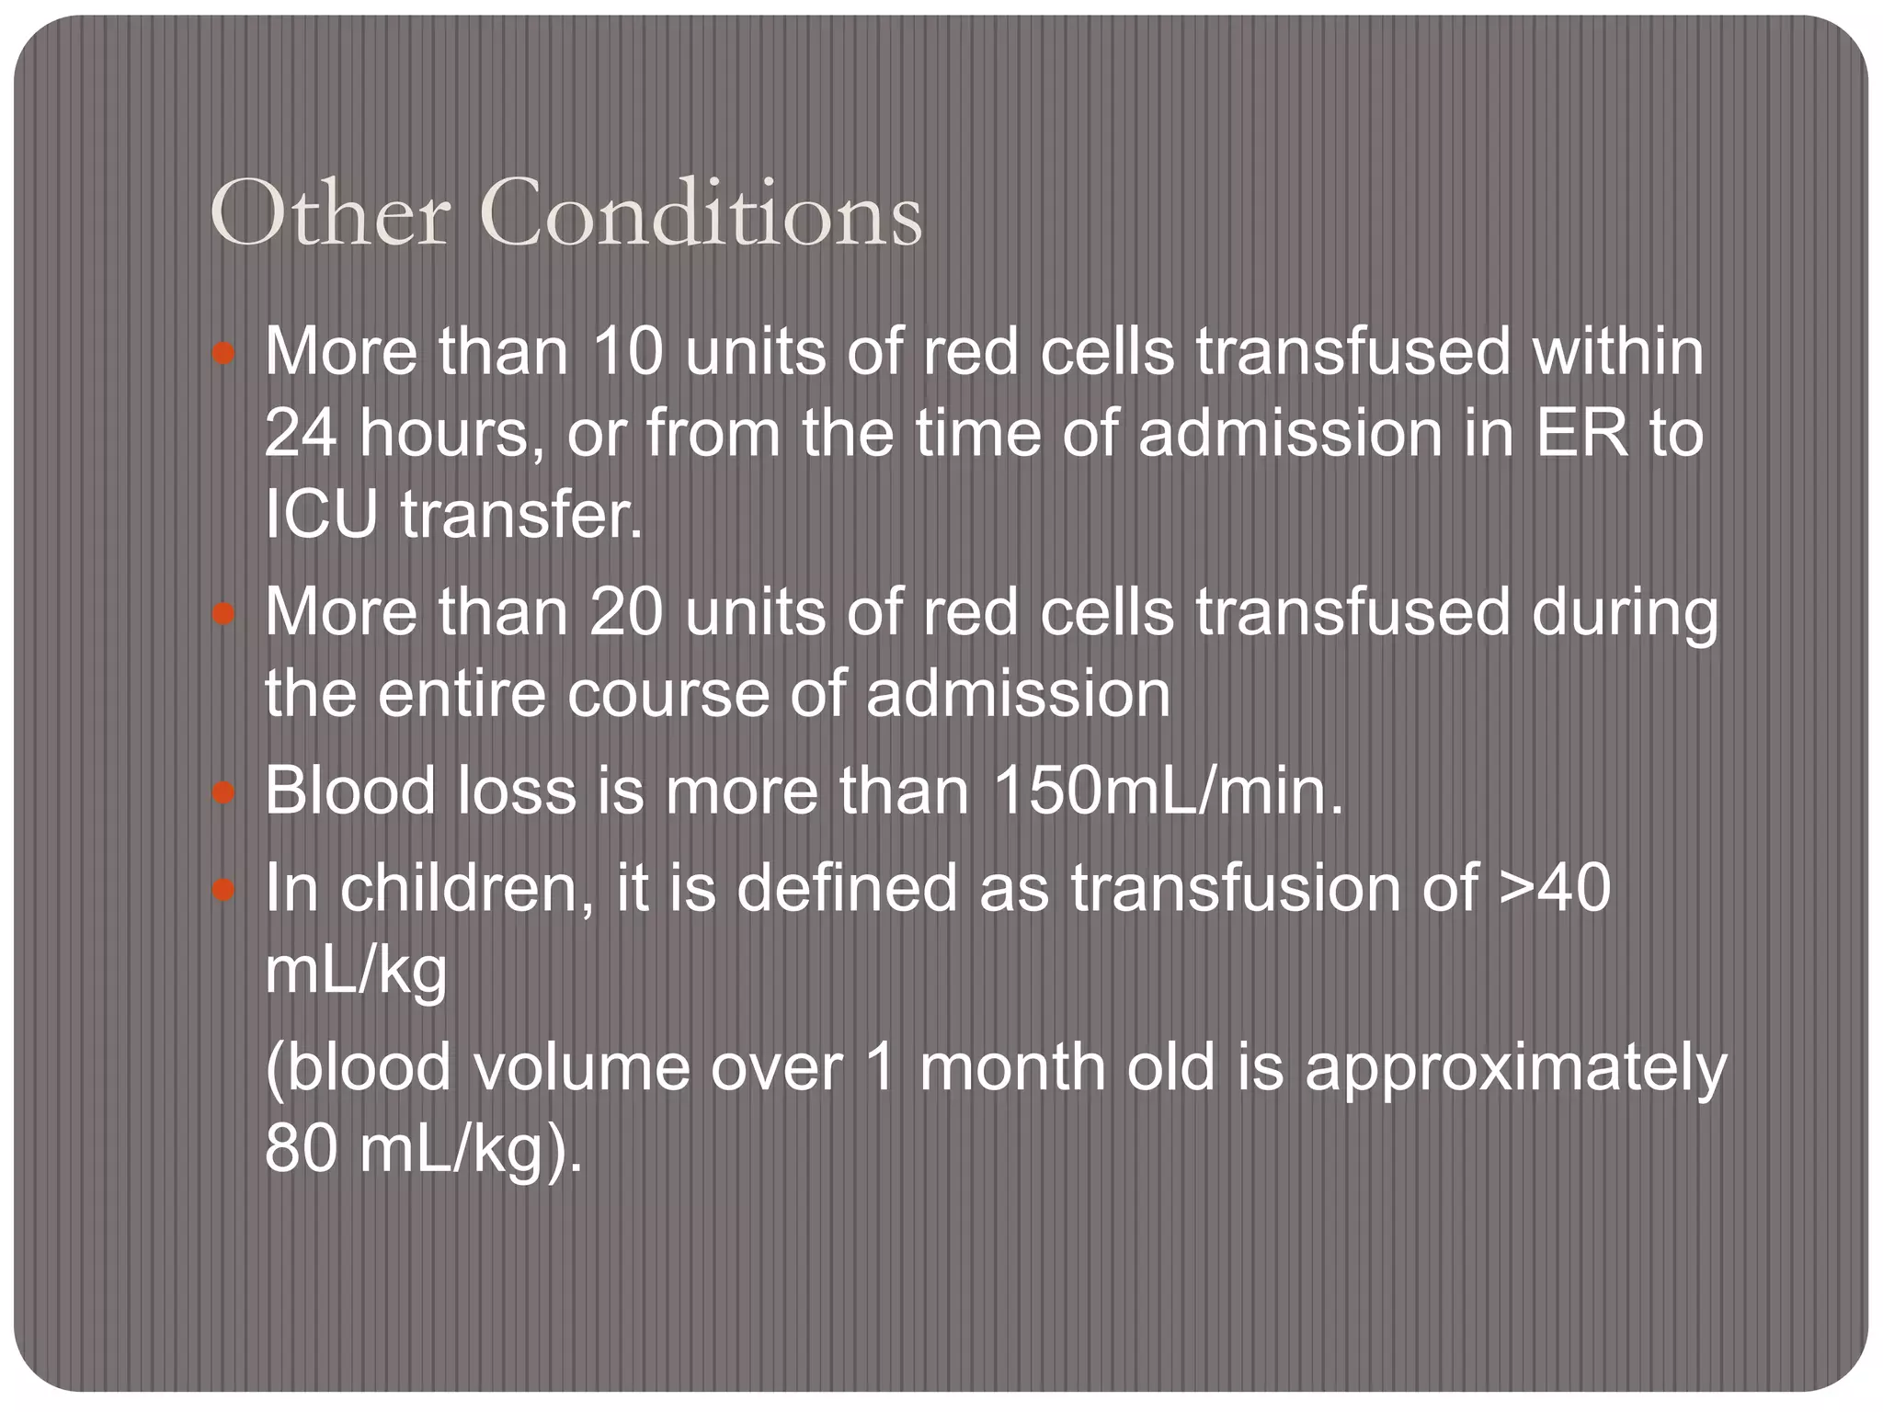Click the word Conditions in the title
point(700,215)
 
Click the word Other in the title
point(330,215)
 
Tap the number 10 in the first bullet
point(627,351)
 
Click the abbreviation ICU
point(321,513)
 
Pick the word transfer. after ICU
point(521,513)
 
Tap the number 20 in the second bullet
point(627,612)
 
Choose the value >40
point(1554,888)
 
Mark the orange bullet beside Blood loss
point(223,792)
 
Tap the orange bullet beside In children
point(223,890)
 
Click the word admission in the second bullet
point(1018,693)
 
